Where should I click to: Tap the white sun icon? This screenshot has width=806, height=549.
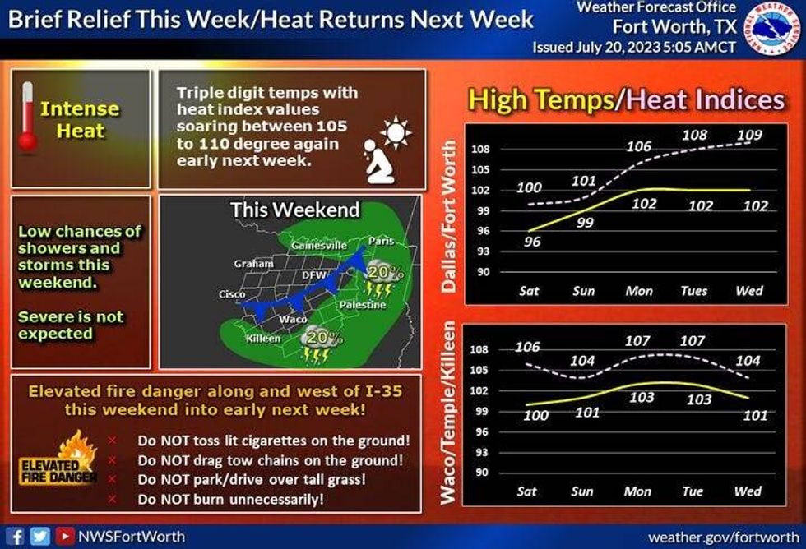pos(396,133)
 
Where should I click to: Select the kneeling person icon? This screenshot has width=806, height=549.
pos(379,161)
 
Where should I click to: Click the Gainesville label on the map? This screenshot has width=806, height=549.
pos(319,246)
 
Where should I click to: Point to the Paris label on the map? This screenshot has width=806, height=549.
pos(381,240)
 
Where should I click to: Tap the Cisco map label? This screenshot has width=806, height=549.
pos(232,294)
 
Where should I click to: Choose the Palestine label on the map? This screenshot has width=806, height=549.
pos(363,305)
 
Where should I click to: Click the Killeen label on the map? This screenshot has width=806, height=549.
pos(263,339)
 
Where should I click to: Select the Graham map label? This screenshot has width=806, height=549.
pos(253,264)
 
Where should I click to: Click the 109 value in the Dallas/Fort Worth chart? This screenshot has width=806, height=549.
pos(749,135)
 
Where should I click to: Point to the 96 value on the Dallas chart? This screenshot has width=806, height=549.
pos(532,242)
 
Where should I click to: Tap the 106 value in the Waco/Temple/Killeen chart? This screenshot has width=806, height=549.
pos(527,347)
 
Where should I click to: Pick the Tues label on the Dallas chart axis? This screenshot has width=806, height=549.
pos(694,291)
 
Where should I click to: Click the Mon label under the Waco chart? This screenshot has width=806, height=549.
pos(637,491)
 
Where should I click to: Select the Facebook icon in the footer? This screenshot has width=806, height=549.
pos(16,536)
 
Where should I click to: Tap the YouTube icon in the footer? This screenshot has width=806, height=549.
pos(65,536)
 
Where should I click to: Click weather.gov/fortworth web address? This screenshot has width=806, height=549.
pos(724,537)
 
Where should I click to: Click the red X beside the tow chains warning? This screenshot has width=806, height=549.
pos(112,460)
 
